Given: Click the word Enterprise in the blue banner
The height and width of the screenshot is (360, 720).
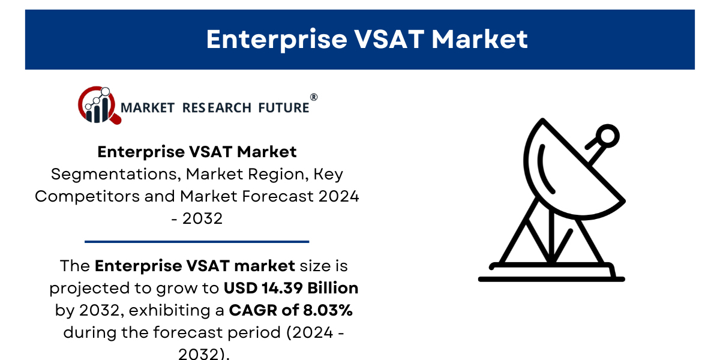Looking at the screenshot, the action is click(277, 40).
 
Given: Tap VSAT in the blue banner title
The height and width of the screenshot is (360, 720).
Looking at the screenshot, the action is click(389, 39).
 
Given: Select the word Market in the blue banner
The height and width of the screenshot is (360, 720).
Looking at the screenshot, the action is click(479, 39).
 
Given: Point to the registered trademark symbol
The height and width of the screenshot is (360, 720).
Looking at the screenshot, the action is click(314, 97).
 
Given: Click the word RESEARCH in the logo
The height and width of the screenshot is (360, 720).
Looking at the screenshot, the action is click(217, 107).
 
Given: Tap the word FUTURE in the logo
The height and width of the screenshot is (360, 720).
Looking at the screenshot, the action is click(283, 107).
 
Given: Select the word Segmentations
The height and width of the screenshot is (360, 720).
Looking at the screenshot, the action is click(114, 175).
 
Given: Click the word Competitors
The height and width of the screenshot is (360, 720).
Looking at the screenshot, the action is click(87, 196).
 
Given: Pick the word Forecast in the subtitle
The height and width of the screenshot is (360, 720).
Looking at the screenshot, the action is click(278, 196).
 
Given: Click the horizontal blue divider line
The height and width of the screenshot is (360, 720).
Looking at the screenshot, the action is click(197, 241).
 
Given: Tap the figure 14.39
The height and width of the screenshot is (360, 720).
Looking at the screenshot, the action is click(282, 288).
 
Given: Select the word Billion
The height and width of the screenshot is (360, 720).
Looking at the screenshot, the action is click(332, 288).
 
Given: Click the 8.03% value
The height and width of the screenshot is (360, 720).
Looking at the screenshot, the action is click(328, 310).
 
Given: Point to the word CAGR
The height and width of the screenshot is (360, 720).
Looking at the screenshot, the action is click(253, 311).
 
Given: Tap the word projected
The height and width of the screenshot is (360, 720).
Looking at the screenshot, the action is click(89, 289).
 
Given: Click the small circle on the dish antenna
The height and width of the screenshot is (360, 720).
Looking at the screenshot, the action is click(607, 136).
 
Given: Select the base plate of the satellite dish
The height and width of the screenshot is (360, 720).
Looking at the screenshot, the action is click(551, 279).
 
